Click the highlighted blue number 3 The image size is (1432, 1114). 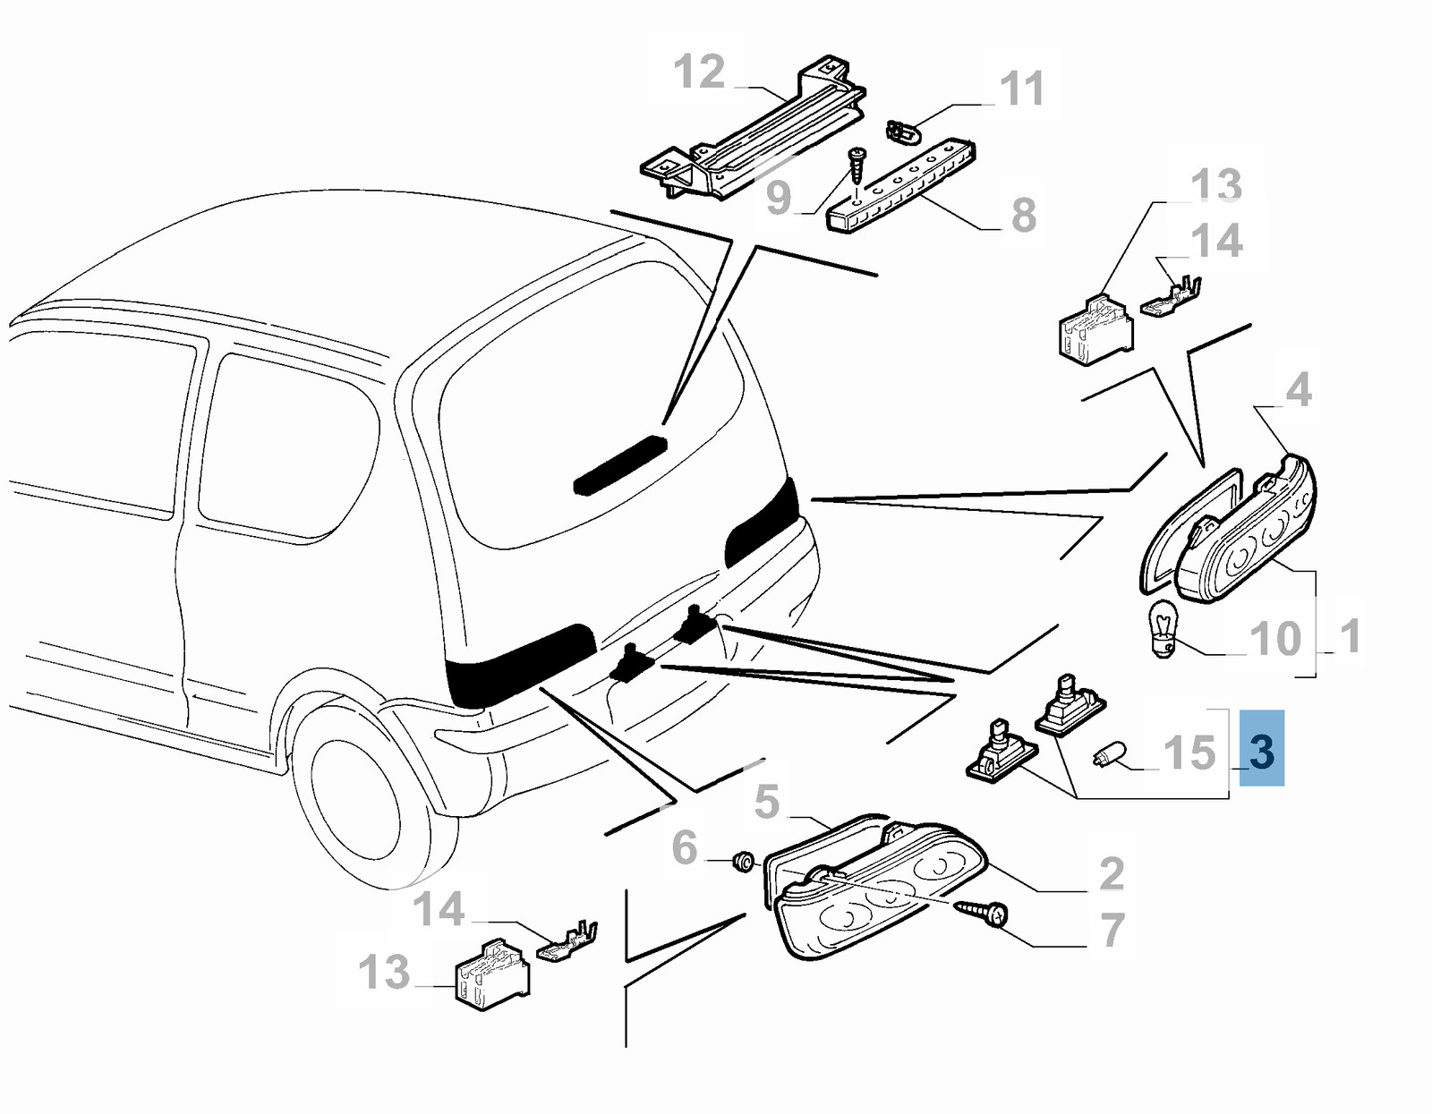coord(1261,750)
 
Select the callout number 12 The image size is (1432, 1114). coord(699,72)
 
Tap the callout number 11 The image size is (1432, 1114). coord(1021,89)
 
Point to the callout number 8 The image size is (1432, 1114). coord(1024,216)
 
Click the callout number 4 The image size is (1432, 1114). coord(1299,389)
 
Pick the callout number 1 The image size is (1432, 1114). coord(1351,636)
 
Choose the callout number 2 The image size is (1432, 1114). coord(1111,873)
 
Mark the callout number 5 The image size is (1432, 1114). coord(767,802)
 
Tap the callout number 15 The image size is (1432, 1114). coord(1189,753)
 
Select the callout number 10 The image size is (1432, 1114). coord(1274,639)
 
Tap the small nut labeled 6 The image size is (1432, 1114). coord(743,861)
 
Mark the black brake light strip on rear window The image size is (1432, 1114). coord(620,464)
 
